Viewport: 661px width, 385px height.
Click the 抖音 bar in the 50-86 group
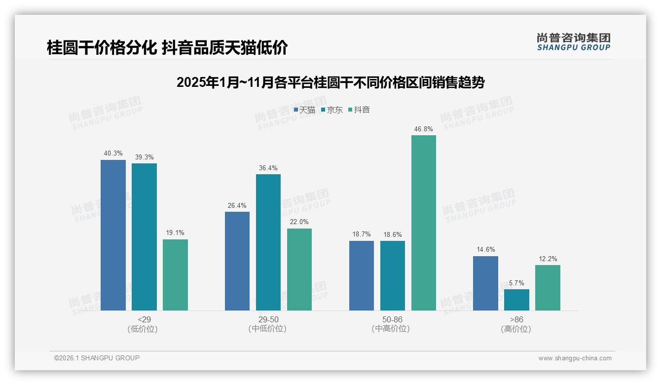pos(423,223)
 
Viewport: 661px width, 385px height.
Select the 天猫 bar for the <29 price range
pos(113,235)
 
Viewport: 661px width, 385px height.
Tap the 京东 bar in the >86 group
pos(516,300)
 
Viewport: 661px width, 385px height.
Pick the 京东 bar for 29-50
pos(268,242)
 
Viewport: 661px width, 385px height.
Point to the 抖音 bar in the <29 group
pos(175,275)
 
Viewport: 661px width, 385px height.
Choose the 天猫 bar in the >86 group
pos(485,283)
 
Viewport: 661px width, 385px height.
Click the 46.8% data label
pos(423,129)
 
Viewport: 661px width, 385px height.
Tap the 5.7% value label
pos(516,283)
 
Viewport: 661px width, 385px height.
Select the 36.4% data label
pos(268,168)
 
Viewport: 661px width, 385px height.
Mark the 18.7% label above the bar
pos(361,234)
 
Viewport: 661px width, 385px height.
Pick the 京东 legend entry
pos(331,110)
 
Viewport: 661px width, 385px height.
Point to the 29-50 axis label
pos(268,319)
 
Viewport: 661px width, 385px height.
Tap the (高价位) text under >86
pos(516,329)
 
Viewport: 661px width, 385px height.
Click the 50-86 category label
pos(392,319)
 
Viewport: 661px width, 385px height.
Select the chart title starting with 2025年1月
pos(330,82)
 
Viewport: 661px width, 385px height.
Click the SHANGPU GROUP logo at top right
pos(573,42)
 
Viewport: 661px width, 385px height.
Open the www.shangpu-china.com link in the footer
pos(575,358)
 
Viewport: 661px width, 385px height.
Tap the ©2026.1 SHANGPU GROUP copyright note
pos(97,358)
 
